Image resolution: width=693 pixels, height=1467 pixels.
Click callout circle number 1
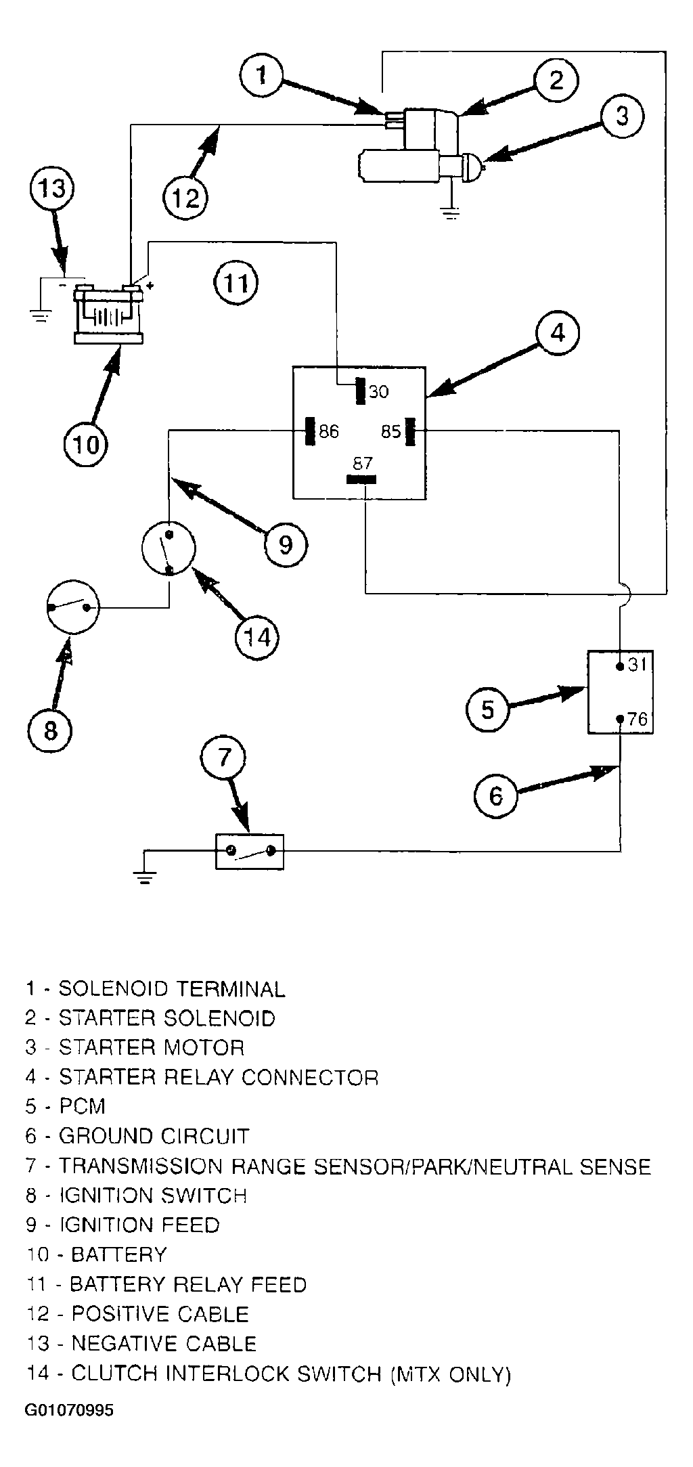[262, 75]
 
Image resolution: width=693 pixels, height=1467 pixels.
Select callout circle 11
[236, 282]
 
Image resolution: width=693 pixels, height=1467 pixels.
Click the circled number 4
[557, 333]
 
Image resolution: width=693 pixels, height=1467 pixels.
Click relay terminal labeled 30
[361, 391]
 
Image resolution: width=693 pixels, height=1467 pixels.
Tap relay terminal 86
[311, 431]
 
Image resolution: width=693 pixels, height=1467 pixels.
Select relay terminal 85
[409, 431]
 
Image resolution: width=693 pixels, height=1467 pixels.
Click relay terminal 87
[361, 479]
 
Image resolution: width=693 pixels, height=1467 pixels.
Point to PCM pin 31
[620, 666]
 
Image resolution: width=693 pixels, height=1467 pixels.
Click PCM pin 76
[620, 719]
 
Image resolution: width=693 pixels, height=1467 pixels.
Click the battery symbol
[108, 314]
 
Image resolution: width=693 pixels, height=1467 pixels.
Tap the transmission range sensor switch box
[250, 851]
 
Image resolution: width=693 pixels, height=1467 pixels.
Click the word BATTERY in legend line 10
[118, 1254]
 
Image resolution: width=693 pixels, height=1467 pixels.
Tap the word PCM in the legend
[83, 1106]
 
